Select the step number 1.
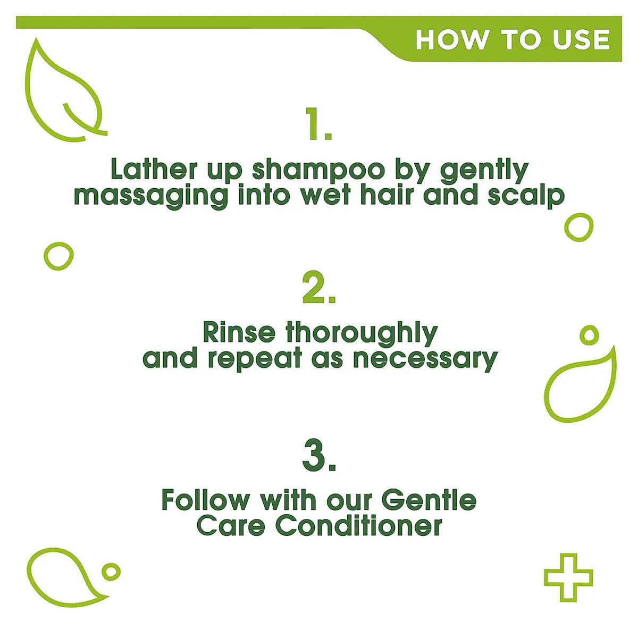tap(319, 124)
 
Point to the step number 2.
tap(319, 288)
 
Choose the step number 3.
tap(319, 456)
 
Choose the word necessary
tap(425, 359)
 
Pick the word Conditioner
tap(358, 526)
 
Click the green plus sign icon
tap(568, 577)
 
